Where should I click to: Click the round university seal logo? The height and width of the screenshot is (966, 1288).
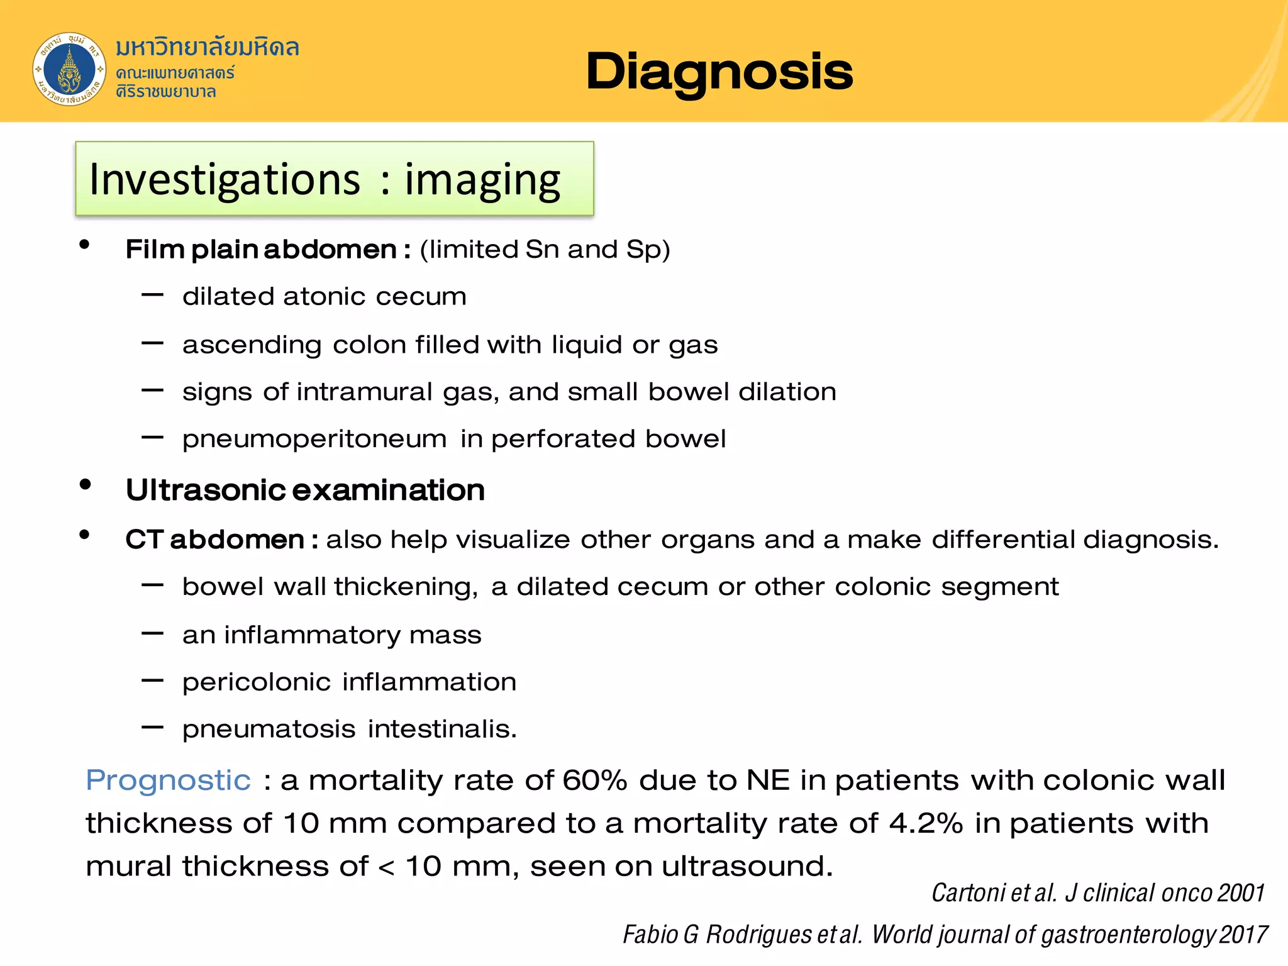69,69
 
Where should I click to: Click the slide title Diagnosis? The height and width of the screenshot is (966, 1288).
719,72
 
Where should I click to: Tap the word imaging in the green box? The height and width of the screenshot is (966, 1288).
482,180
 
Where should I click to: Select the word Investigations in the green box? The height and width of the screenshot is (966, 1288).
225,180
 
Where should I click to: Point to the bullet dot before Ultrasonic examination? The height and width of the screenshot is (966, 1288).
86,485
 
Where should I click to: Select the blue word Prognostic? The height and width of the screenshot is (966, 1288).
168,780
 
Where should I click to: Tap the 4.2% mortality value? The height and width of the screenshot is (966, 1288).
926,823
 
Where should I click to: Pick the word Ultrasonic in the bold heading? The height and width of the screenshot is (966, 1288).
205,490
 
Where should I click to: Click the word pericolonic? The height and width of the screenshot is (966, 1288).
257,682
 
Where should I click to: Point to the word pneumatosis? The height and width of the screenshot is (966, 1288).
269,730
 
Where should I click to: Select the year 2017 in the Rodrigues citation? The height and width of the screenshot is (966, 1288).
1243,935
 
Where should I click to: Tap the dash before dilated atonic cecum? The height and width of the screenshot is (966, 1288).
153,294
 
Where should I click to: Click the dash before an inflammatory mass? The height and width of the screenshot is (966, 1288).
153,633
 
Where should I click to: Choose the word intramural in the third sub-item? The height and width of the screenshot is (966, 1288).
364,392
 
